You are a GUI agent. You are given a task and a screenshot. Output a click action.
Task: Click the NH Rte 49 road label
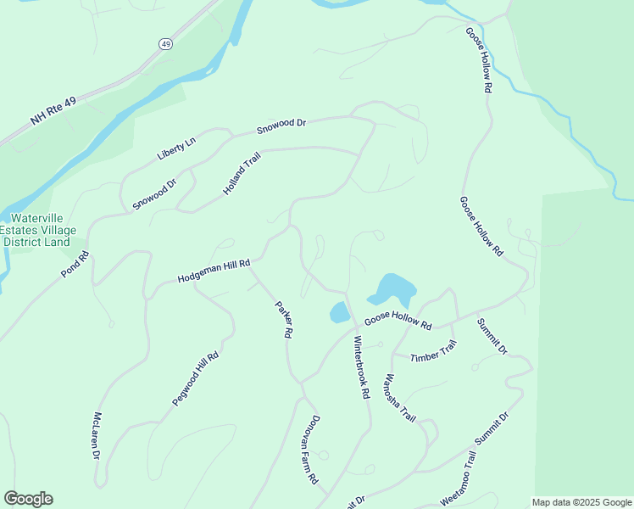[53, 111]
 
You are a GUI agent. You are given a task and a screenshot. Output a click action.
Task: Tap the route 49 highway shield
[164, 43]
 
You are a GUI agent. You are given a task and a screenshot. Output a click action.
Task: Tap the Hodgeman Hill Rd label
[214, 271]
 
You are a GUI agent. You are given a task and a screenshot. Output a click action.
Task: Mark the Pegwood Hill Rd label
[197, 378]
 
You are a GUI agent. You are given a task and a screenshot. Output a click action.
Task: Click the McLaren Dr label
[97, 436]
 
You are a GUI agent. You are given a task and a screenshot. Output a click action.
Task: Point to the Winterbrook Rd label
[362, 367]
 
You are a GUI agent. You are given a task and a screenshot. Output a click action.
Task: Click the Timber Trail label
[434, 351]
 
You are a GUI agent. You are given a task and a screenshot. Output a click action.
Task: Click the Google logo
[28, 499]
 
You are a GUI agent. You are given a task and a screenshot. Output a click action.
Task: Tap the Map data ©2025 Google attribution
[581, 502]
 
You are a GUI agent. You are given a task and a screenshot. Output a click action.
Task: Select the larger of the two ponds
[392, 289]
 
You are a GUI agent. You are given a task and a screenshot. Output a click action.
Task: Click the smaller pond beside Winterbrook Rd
[339, 312]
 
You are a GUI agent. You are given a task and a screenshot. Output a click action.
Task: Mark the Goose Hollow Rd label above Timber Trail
[398, 323]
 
